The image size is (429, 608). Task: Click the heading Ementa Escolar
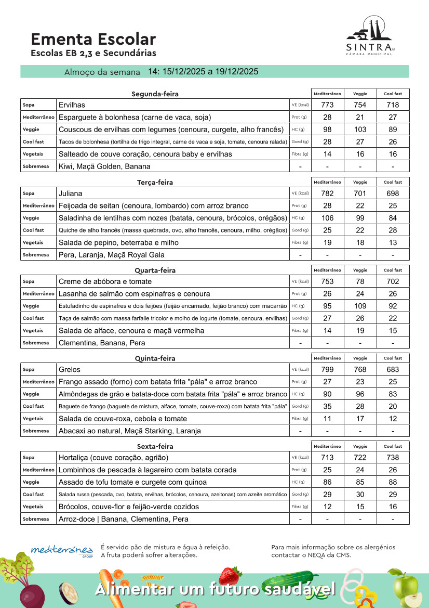93,39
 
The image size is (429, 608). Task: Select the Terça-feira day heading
155,182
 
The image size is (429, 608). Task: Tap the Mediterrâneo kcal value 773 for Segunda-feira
327,105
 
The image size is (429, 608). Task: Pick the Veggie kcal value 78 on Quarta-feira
360,281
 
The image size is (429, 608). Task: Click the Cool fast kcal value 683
393,369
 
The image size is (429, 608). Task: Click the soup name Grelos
70,369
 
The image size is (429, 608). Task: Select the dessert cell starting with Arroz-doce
124,519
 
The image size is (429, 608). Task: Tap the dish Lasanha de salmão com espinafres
134,294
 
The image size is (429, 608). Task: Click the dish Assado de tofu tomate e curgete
132,482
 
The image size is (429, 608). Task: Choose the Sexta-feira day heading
155,446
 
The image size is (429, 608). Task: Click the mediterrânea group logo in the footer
62,550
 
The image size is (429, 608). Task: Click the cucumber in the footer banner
288,581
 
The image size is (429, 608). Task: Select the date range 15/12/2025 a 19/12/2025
203,71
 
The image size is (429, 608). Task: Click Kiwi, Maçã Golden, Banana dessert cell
104,166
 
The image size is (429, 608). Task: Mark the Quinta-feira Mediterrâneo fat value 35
327,406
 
